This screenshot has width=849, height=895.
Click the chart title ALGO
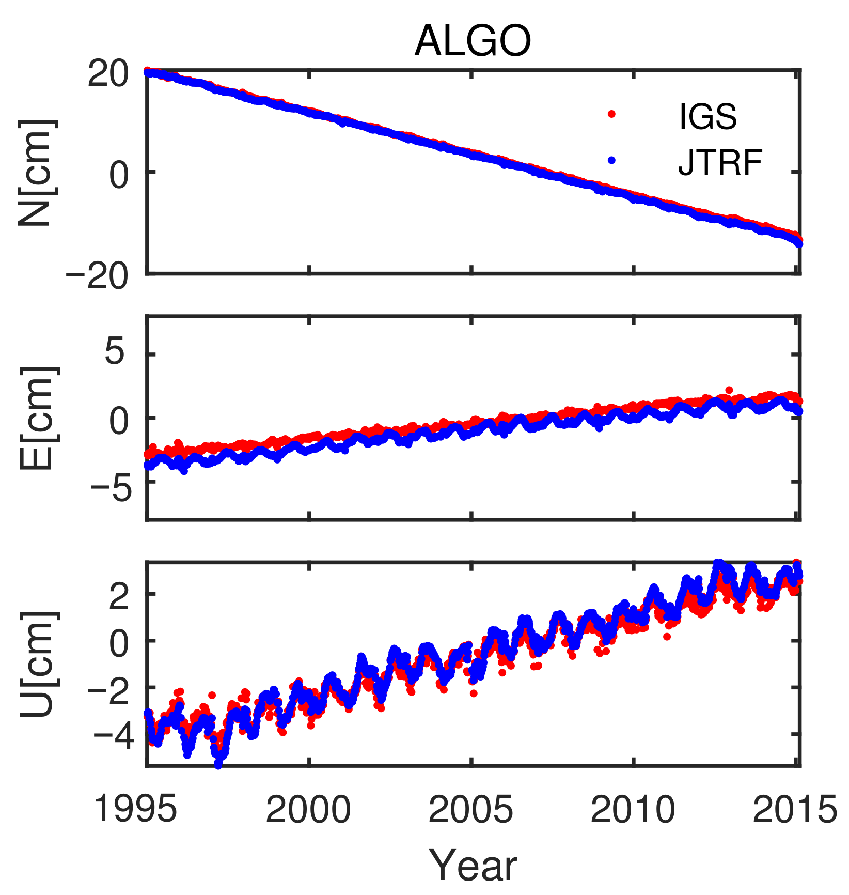(473, 41)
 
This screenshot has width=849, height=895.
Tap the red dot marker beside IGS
(612, 114)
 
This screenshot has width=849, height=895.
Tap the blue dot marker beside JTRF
(612, 160)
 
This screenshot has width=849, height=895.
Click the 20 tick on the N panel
(107, 75)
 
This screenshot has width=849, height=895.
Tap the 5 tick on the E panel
(117, 354)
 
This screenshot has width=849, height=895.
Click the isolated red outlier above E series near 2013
(729, 390)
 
